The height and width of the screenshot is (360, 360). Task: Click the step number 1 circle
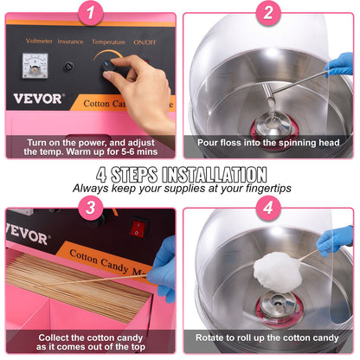[91, 13]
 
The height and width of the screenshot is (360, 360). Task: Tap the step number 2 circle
[268, 13]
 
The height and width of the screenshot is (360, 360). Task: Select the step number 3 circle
[91, 209]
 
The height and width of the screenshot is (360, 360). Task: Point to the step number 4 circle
[268, 209]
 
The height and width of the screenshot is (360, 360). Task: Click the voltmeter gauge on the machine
[36, 65]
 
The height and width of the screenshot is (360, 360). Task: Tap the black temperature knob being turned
[110, 67]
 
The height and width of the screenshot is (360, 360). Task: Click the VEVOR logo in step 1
[38, 99]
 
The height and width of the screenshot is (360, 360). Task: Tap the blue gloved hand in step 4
[336, 239]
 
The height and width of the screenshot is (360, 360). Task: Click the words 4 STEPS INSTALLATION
[180, 173]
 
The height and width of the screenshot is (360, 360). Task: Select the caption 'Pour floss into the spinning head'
[269, 143]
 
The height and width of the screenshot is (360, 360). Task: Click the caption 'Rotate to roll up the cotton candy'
[269, 337]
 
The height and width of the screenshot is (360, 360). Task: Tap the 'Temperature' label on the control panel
[107, 41]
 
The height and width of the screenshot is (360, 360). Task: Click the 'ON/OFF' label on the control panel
[145, 41]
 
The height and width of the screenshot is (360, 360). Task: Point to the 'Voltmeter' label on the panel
[40, 41]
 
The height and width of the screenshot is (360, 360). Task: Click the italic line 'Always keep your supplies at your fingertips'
[180, 187]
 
